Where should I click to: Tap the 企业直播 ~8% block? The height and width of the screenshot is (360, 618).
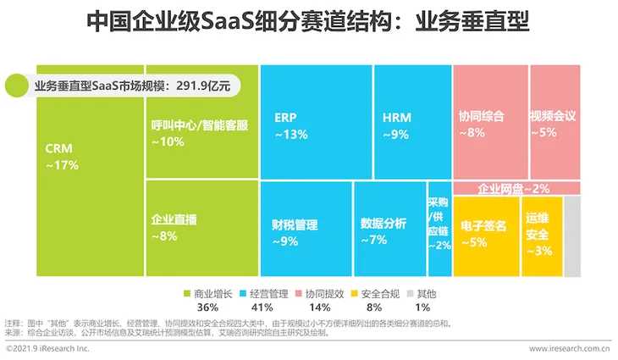click(201, 227)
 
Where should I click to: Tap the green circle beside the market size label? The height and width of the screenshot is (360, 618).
click(17, 86)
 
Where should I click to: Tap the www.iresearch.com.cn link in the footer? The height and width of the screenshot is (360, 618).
click(569, 348)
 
